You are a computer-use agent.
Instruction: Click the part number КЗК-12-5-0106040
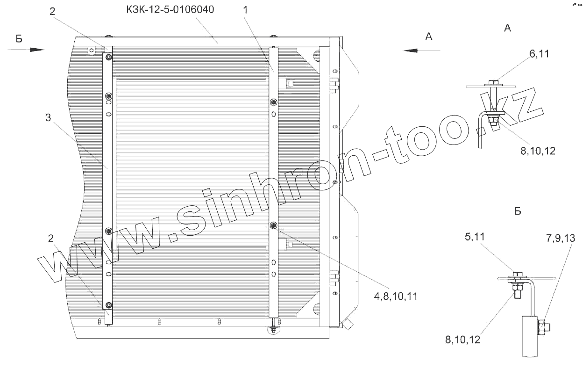pos(170,10)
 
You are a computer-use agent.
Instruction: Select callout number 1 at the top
pos(245,10)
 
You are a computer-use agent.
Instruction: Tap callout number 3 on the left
pos(48,117)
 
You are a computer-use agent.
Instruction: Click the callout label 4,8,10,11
pos(396,297)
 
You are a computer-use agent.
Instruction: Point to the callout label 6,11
pos(539,54)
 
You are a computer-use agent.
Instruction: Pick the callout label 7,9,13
pos(561,238)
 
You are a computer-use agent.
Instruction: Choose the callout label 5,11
pos(475,237)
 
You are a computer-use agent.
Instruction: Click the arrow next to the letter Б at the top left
pos(26,50)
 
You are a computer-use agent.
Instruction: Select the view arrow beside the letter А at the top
pos(422,51)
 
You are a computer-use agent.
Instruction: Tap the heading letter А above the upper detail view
pos(507,28)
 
